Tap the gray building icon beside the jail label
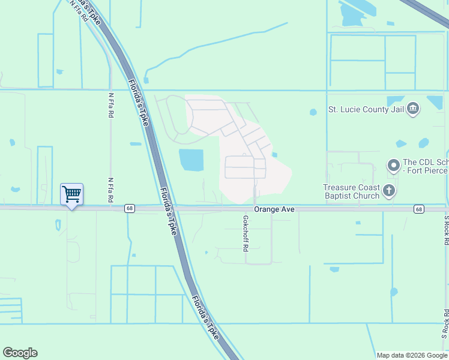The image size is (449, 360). pyautogui.click(x=413, y=109)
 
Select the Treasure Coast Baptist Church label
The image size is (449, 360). pyautogui.click(x=351, y=191)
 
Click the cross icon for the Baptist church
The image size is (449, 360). pyautogui.click(x=389, y=191)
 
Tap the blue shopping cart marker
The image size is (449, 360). pyautogui.click(x=71, y=194)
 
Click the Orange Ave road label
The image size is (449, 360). pyautogui.click(x=274, y=209)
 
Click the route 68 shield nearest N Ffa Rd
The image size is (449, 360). pyautogui.click(x=130, y=209)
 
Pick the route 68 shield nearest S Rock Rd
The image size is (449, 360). pyautogui.click(x=418, y=209)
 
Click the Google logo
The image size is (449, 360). pyautogui.click(x=20, y=353)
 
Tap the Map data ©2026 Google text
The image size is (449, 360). pyautogui.click(x=411, y=355)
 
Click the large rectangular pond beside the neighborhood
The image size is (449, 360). pyautogui.click(x=191, y=160)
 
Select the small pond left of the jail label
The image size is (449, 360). pyautogui.click(x=313, y=112)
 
